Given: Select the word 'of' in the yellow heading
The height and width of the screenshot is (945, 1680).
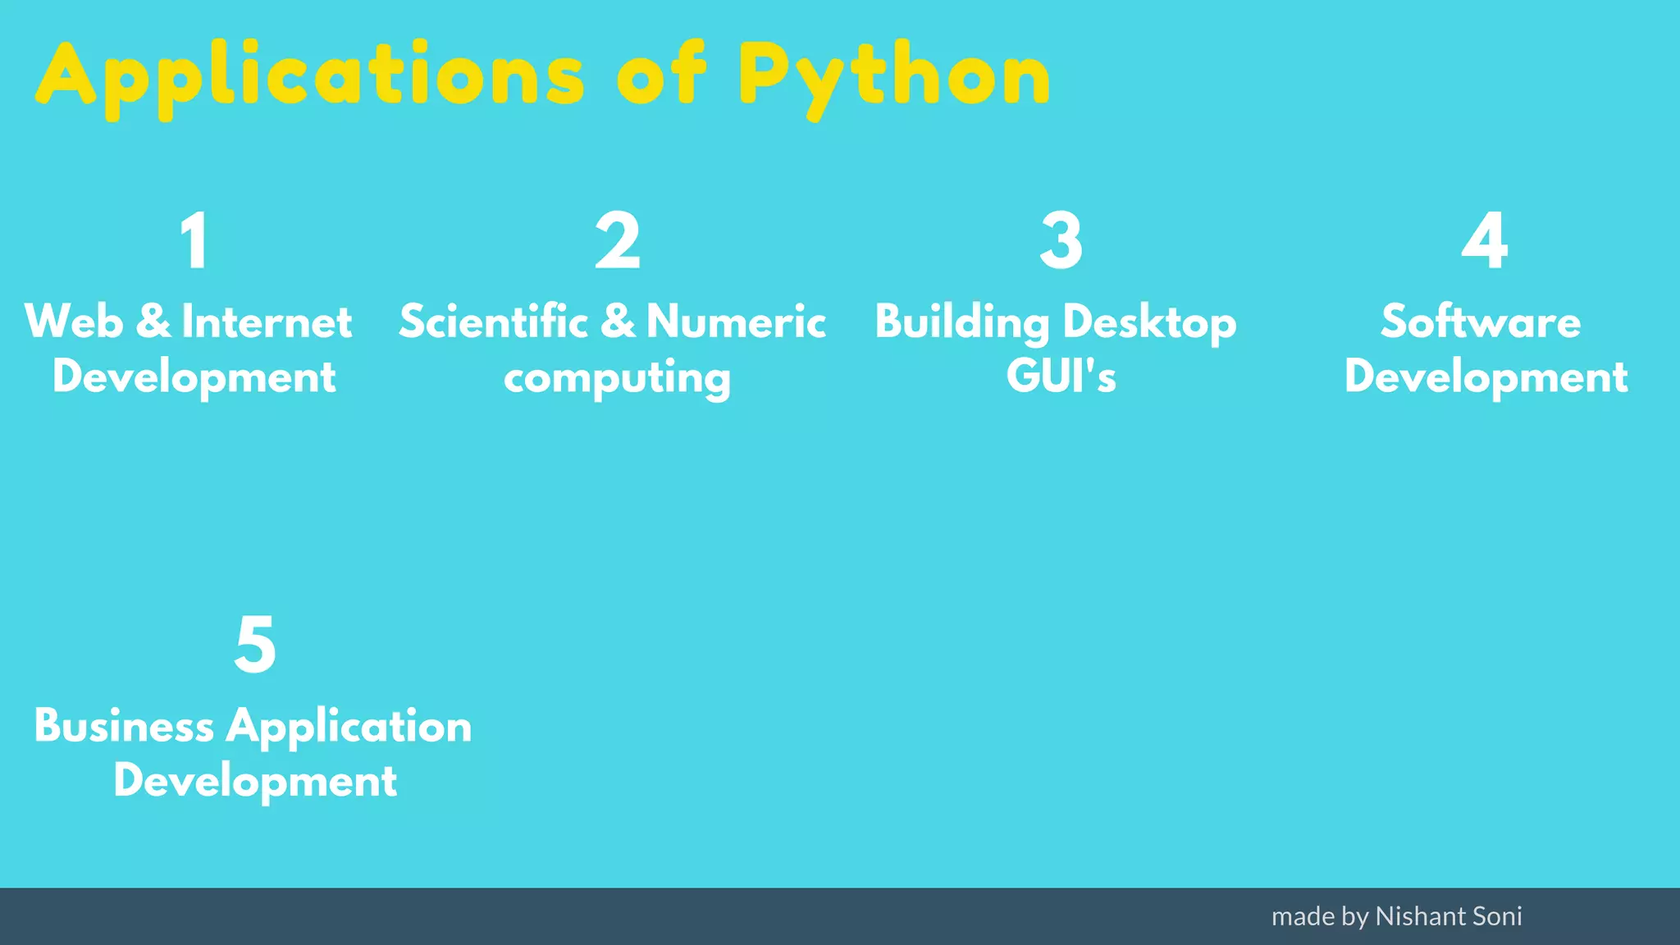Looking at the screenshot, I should pos(661,75).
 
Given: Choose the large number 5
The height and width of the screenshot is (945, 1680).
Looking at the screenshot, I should pos(255,645).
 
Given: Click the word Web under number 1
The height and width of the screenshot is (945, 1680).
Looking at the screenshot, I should pos(74,322).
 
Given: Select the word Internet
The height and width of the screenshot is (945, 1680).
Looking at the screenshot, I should pos(267,322).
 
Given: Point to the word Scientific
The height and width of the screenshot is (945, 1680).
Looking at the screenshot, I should pos(493,322).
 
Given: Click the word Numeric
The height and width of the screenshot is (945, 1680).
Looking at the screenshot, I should pos(736,322).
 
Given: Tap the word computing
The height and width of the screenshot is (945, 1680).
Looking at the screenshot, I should pos(617,379).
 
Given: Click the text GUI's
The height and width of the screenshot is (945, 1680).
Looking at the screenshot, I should pos(1061,377).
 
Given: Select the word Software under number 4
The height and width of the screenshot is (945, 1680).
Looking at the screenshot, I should pos(1481,322).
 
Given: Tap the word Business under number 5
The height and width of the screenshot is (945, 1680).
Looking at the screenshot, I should pos(124,727).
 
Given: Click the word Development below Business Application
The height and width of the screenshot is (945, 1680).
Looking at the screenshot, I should pos(255,781).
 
